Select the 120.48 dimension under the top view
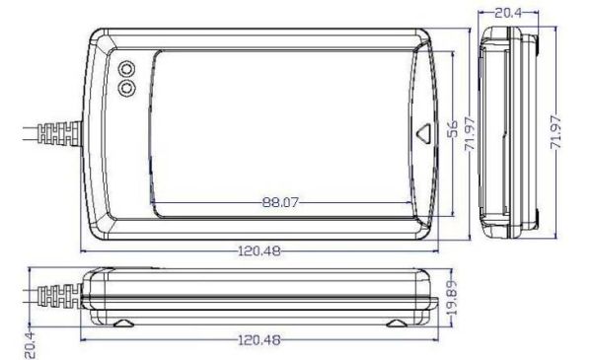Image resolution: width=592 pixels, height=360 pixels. click(x=259, y=250)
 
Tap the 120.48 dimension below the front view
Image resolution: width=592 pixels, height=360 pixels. click(x=259, y=338)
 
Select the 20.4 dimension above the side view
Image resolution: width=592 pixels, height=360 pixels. click(x=507, y=13)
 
